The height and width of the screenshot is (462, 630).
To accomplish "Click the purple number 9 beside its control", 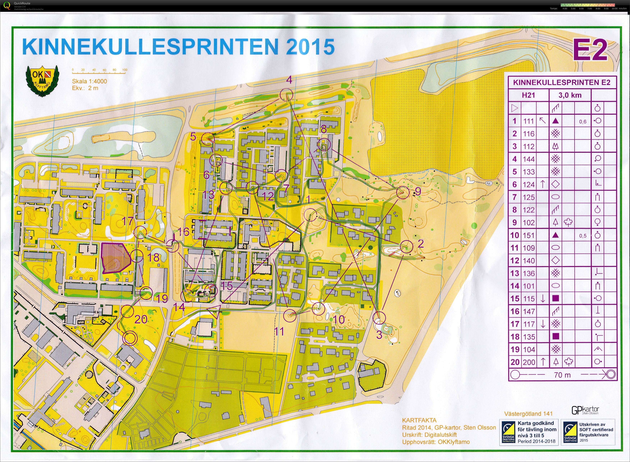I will coord(418,191).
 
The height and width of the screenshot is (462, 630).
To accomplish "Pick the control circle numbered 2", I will coord(407,247).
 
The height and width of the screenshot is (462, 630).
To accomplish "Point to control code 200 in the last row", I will coord(529,362).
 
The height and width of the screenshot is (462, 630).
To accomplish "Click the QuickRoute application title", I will coord(22,3).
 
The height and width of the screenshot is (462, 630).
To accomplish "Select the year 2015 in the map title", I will coord(310,47).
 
